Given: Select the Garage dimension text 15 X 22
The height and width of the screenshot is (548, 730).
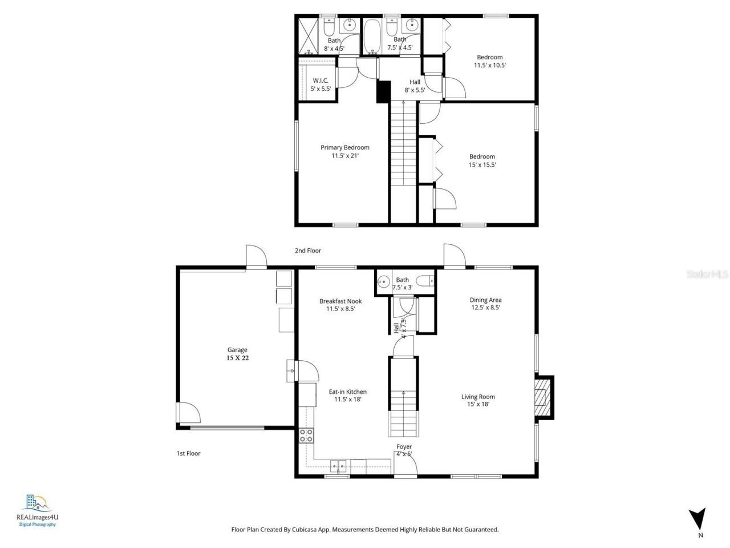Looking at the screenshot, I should click(x=237, y=358).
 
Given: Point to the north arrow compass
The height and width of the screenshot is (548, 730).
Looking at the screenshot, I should click(x=697, y=519).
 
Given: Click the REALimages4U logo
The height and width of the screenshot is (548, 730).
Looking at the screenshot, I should click(x=37, y=510).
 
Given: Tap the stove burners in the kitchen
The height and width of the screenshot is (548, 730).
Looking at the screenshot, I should click(x=306, y=436).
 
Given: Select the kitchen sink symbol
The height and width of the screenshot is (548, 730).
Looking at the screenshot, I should click(x=339, y=465).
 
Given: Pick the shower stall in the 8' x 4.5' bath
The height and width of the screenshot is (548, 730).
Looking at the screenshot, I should click(x=308, y=37).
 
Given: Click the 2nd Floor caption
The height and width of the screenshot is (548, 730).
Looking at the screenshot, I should click(x=308, y=251).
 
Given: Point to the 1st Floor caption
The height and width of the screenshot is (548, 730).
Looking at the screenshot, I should click(x=188, y=453).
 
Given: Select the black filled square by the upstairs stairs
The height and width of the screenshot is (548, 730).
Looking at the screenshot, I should click(x=383, y=92).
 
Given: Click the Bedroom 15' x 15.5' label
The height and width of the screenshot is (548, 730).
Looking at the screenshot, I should click(x=482, y=160).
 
